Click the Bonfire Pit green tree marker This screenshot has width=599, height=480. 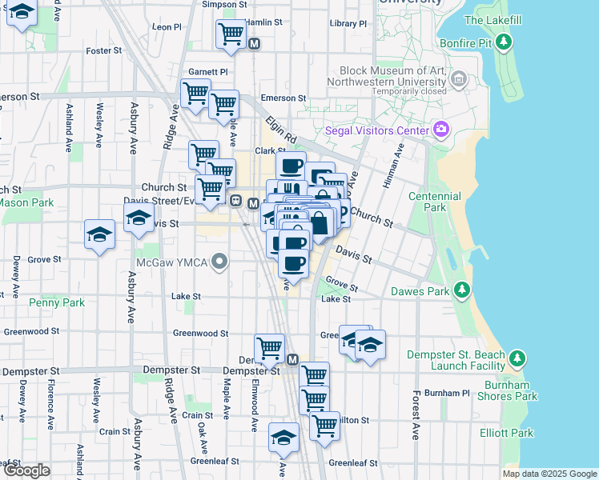[x=503, y=42]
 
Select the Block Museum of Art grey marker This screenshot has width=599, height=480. [x=459, y=78]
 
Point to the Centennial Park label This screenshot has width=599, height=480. [x=434, y=202]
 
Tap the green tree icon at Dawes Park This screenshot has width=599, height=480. [x=461, y=290]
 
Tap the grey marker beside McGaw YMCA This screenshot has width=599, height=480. [x=219, y=262]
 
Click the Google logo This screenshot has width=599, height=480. [x=26, y=470]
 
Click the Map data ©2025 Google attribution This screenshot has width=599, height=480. [x=549, y=474]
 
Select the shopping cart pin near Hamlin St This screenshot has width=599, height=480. [x=231, y=34]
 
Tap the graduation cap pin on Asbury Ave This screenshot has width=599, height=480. [x=139, y=217]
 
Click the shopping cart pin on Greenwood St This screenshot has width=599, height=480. [x=270, y=347]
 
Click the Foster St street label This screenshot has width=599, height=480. [x=103, y=50]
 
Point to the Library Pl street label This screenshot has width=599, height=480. [x=348, y=24]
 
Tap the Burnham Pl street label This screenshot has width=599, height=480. [x=447, y=393]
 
